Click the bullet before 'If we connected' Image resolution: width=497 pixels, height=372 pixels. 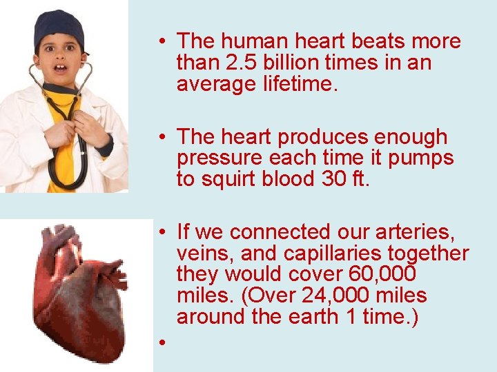click(159, 231)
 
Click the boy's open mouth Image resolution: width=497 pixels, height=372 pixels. click(61, 69)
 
